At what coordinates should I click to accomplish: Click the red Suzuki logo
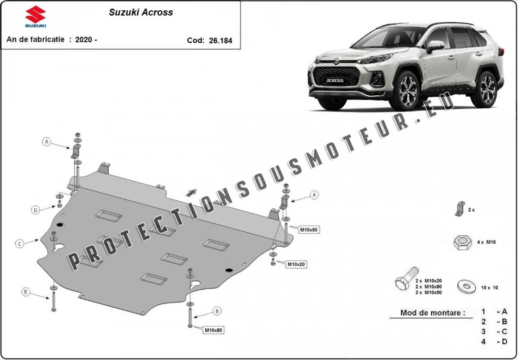click(x=36, y=14)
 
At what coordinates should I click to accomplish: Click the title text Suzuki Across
click(x=141, y=12)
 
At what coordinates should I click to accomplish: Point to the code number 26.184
click(x=220, y=40)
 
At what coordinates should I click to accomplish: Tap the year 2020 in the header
click(x=84, y=40)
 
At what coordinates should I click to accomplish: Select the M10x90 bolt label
click(x=309, y=230)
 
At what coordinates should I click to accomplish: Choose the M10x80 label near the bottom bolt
click(x=214, y=329)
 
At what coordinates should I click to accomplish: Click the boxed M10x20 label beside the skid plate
click(x=296, y=264)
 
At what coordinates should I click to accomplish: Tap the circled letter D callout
click(x=36, y=210)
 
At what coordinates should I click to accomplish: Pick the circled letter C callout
click(x=20, y=244)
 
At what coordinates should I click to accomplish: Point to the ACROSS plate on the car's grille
click(x=335, y=80)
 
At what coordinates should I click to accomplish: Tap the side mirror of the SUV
click(x=435, y=46)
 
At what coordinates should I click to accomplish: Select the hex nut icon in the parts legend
click(x=463, y=242)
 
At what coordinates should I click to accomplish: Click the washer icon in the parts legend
click(x=466, y=286)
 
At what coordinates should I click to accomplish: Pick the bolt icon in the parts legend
click(x=406, y=278)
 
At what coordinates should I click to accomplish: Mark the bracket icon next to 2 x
click(x=460, y=209)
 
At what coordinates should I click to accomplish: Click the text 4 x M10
click(x=486, y=242)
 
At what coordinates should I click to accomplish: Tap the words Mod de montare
click(x=433, y=312)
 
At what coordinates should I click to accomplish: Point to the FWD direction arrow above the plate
click(x=191, y=193)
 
